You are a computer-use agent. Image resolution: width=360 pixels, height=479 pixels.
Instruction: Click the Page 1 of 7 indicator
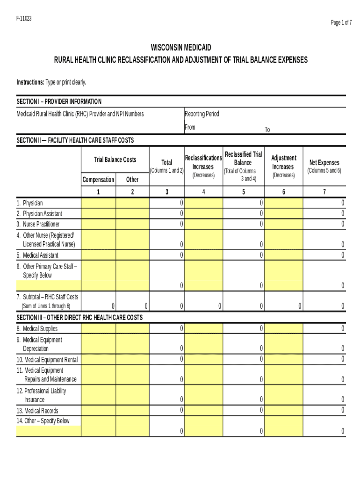pyautogui.click(x=341, y=23)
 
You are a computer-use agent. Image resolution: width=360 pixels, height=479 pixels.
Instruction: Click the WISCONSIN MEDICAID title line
pyautogui.click(x=181, y=48)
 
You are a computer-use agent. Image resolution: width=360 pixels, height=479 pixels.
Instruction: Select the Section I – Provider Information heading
pyautogui.click(x=59, y=102)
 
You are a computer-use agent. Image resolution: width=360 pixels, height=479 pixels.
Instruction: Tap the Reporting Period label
pyautogui.click(x=202, y=114)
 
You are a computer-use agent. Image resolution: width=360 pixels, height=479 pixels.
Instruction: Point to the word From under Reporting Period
pyautogui.click(x=190, y=127)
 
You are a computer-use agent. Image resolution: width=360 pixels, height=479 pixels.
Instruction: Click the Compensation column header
pyautogui.click(x=98, y=179)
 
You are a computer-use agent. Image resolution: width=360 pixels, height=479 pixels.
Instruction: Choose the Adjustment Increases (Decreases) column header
pyautogui.click(x=283, y=167)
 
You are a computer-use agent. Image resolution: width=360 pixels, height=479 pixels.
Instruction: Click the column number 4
pyautogui.click(x=203, y=192)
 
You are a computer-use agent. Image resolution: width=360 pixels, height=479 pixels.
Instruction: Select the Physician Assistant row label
pyautogui.click(x=42, y=213)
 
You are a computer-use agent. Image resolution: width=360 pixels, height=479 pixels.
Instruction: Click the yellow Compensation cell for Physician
pyautogui.click(x=98, y=203)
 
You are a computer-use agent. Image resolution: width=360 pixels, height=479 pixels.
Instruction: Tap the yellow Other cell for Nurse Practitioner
pyautogui.click(x=132, y=224)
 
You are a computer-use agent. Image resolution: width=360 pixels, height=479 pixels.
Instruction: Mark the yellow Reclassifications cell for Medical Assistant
pyautogui.click(x=203, y=255)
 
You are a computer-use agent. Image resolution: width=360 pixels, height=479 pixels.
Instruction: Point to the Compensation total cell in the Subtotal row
pyautogui.click(x=98, y=306)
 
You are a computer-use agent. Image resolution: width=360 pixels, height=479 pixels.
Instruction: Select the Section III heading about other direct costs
pyautogui.click(x=79, y=317)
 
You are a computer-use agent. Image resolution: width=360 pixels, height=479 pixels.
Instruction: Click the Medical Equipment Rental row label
pyautogui.click(x=47, y=360)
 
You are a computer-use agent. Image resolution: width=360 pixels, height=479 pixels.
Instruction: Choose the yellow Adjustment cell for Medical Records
pyautogui.click(x=283, y=411)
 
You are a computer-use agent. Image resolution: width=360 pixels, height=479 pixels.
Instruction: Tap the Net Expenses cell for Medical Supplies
pyautogui.click(x=324, y=329)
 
